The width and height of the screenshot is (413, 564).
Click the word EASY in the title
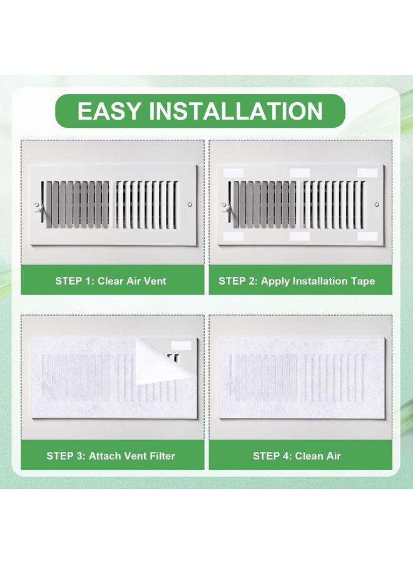(109, 111)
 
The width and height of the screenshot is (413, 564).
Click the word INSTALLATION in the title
(236, 111)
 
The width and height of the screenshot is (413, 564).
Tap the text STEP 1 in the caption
(73, 281)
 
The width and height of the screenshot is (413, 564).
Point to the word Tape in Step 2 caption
(362, 281)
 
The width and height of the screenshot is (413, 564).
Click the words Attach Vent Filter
(131, 456)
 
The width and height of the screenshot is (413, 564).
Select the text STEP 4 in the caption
(271, 456)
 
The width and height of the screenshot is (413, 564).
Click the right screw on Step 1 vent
(189, 204)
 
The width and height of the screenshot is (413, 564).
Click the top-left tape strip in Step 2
(233, 171)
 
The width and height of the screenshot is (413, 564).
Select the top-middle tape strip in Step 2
(299, 172)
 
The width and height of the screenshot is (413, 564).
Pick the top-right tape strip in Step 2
(367, 172)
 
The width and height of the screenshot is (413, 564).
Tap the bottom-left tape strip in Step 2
(233, 236)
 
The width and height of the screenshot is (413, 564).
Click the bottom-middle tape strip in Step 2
(299, 236)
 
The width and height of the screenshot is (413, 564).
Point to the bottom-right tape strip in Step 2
(367, 236)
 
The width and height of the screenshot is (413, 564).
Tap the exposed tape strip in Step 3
(181, 345)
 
